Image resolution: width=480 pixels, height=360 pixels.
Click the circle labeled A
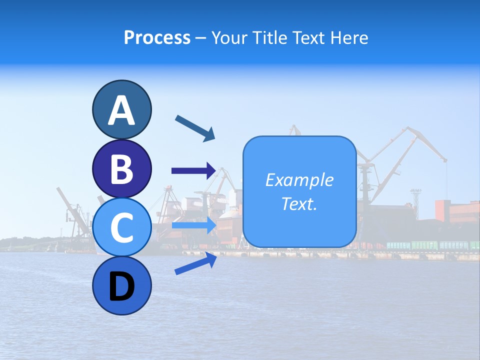(121, 109)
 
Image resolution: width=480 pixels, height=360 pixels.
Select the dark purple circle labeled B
(121, 168)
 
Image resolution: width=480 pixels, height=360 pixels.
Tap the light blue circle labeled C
(121, 227)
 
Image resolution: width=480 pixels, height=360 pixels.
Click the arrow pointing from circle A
(195, 127)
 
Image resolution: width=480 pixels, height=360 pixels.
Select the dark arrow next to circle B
(193, 171)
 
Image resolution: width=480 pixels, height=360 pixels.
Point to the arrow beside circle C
(193, 225)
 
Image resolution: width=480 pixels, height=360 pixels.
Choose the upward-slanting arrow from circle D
(195, 263)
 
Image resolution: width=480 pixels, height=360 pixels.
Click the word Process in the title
(157, 37)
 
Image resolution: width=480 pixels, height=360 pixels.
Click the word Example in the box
(299, 180)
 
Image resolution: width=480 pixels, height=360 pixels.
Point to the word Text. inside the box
(299, 203)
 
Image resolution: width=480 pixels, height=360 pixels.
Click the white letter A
(121, 110)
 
